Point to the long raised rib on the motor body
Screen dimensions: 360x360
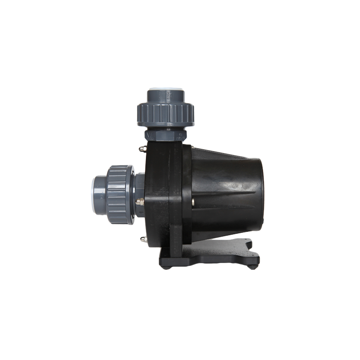(x=226, y=192)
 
